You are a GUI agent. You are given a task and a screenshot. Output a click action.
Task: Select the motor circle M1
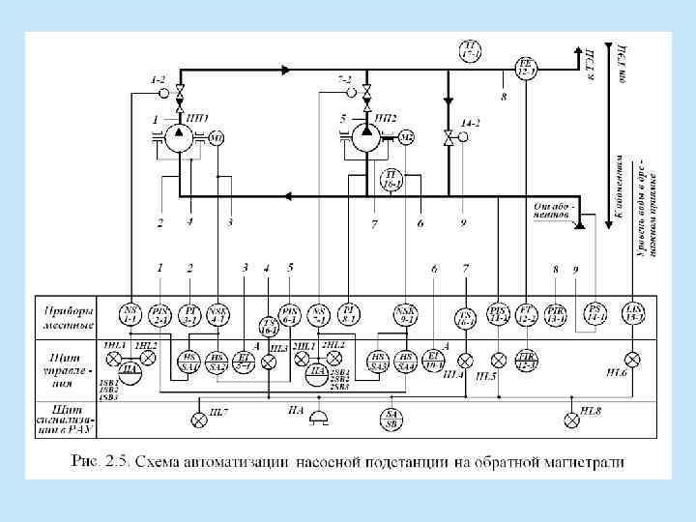coord(217,139)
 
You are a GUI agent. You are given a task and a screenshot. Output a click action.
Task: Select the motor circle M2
coord(406,139)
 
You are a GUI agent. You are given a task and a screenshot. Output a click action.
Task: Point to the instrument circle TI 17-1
coord(471,50)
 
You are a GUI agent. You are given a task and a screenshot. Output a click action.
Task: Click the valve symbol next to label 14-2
coord(448,136)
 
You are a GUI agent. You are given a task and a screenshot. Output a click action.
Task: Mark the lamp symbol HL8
coord(572,419)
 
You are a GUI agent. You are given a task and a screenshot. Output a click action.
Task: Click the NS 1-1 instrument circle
coord(130,311)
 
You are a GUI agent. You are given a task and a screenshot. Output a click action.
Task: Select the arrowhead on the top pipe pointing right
coord(285,71)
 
